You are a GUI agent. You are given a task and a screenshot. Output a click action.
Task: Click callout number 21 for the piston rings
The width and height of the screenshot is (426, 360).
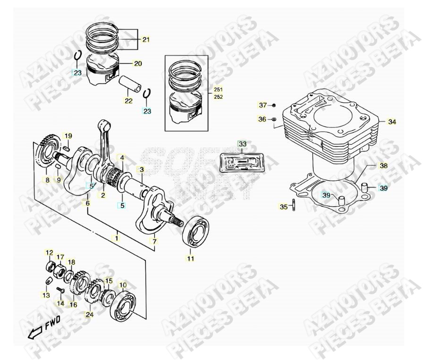145,40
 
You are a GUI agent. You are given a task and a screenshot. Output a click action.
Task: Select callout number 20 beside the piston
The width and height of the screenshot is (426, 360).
138,63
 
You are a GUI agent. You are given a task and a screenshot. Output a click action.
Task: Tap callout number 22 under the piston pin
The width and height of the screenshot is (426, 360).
128,100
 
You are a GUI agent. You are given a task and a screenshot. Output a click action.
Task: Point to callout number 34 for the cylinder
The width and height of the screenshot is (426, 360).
392,122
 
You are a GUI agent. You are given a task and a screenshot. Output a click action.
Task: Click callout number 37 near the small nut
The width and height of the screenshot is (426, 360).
263,105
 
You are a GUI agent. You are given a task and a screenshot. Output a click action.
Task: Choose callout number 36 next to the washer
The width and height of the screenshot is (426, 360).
263,119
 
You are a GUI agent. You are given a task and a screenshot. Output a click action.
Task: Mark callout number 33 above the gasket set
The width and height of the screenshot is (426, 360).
242,143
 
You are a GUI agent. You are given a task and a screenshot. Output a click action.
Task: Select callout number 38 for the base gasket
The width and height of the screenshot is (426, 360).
383,166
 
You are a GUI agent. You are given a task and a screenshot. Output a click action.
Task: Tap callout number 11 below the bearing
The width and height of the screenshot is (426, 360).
190,259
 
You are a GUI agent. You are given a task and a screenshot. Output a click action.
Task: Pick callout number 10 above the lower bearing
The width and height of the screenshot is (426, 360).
122,285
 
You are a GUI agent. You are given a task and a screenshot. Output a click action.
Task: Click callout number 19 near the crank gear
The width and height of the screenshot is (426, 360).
68,136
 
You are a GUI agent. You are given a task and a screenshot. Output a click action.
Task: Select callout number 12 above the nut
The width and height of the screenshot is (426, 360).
49,253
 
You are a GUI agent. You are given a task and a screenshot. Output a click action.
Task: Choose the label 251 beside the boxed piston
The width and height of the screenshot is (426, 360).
218,89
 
